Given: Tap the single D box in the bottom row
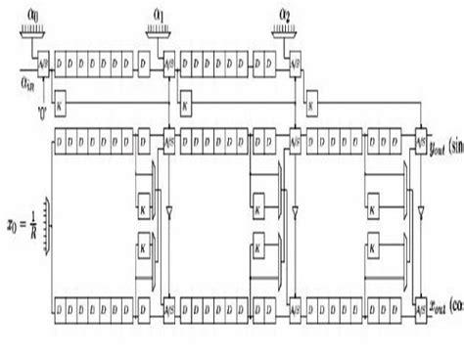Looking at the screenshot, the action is coord(144,300).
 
